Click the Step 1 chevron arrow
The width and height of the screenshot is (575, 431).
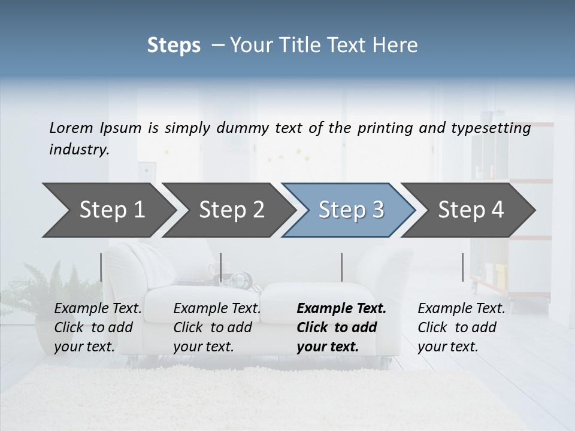(x=111, y=210)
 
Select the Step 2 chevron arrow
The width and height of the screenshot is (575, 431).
(x=231, y=210)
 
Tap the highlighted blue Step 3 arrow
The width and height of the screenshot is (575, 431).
(x=351, y=210)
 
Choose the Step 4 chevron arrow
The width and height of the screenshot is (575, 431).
(x=471, y=210)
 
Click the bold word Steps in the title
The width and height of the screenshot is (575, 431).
(x=174, y=45)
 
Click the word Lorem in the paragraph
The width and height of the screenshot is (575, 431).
(x=71, y=128)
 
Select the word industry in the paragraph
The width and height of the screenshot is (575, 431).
(x=78, y=149)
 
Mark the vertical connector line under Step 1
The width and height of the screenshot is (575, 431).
(x=101, y=267)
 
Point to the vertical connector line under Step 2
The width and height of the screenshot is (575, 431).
(x=221, y=267)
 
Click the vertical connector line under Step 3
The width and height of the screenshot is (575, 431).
(x=342, y=267)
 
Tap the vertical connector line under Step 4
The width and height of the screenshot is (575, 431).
(x=462, y=267)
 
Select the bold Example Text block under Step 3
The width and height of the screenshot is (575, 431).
(x=341, y=327)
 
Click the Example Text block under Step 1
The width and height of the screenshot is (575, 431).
(x=98, y=327)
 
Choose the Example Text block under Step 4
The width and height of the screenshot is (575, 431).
(x=461, y=327)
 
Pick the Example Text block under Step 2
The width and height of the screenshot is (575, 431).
(x=217, y=327)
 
